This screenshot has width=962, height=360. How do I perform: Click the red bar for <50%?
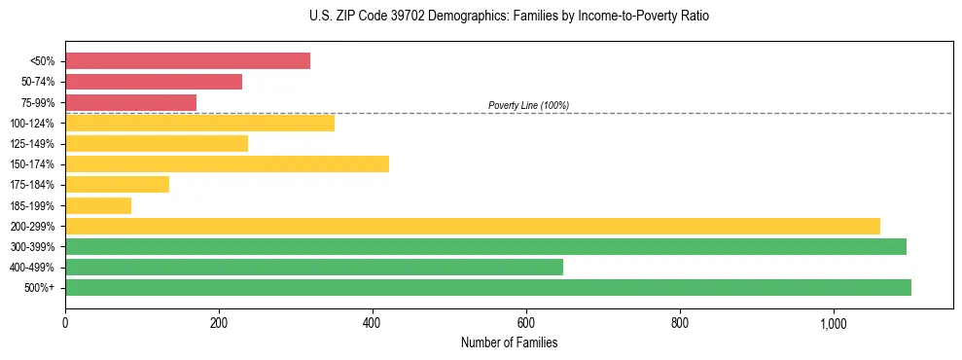point(188,61)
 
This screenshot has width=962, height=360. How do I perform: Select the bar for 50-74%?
point(154,82)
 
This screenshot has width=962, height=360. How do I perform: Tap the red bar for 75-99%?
point(130,102)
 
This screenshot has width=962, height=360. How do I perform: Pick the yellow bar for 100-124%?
point(199,123)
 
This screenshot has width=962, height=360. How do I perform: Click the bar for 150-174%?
point(227,163)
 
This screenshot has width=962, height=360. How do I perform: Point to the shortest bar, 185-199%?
point(98,205)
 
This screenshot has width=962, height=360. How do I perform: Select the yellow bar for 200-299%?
point(473,226)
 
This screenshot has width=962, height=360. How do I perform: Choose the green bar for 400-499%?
point(314,267)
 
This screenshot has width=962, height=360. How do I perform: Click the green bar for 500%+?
point(488,287)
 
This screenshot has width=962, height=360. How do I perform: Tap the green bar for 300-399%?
point(485,246)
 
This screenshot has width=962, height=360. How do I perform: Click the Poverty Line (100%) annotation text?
point(528,105)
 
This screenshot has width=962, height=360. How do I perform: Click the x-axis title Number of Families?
point(509,342)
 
